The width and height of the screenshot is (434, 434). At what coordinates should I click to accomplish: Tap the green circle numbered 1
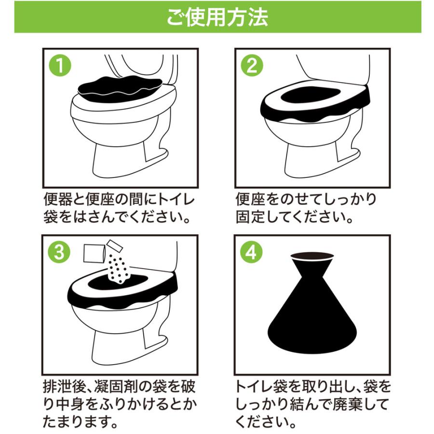(60, 67)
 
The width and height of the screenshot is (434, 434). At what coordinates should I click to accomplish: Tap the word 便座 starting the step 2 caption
(248, 199)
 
